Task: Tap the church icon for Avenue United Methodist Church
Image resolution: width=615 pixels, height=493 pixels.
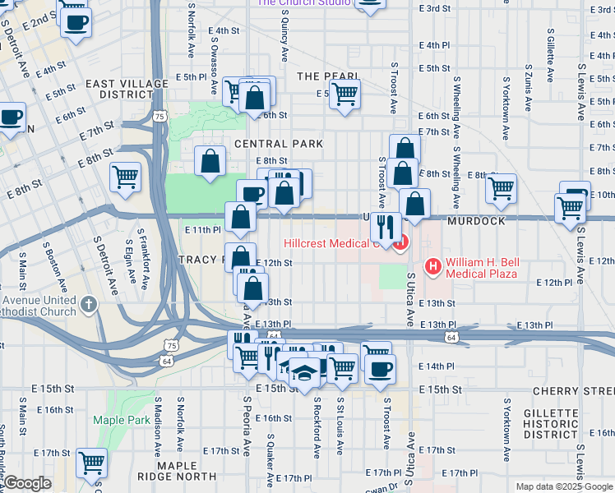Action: point(90,306)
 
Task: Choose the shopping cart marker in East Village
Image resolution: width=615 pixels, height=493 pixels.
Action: point(125,176)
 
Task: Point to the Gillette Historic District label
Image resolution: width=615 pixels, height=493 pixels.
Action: point(566,423)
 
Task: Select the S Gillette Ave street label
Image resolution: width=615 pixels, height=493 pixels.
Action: point(550,53)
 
